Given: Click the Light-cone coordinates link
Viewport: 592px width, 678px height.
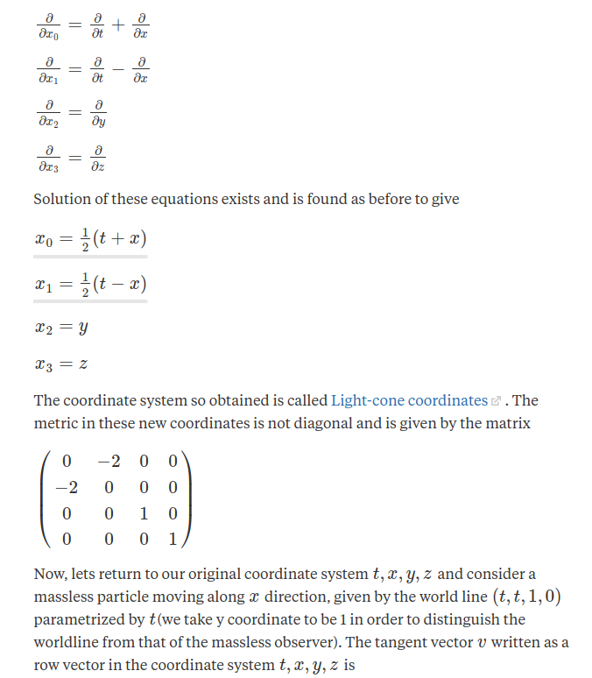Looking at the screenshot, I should point(409,400).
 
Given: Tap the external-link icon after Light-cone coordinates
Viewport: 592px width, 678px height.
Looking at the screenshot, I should point(496,401).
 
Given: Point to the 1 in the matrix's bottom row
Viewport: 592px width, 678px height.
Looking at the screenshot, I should point(173,540).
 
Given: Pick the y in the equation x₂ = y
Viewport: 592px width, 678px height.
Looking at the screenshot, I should point(82,328).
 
